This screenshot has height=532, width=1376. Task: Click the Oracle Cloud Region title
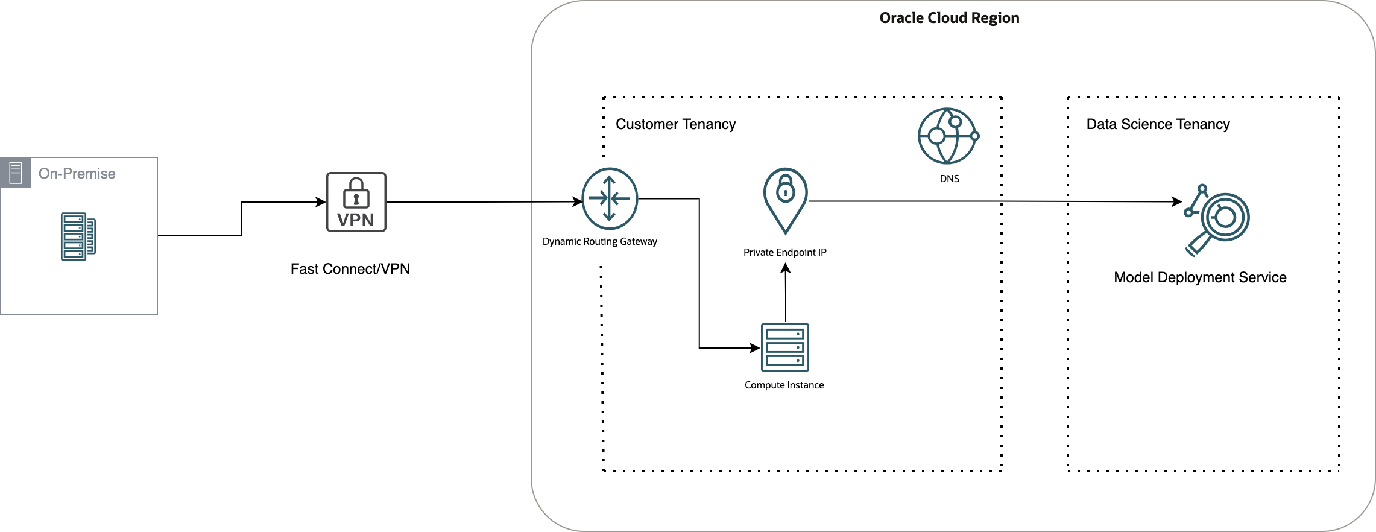(x=949, y=18)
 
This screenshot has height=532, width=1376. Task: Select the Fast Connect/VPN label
(x=350, y=269)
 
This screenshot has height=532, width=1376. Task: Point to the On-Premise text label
(x=77, y=174)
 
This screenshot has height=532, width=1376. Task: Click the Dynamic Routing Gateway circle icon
(x=609, y=198)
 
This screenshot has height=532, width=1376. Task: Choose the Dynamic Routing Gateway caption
(x=599, y=241)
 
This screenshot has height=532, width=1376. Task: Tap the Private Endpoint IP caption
(x=784, y=252)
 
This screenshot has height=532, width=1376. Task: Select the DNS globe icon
(x=947, y=136)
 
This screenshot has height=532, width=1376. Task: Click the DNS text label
(x=949, y=179)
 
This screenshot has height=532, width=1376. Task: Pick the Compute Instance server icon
(x=784, y=347)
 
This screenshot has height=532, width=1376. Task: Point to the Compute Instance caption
(x=784, y=385)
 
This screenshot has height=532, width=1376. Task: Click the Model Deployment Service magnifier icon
(x=1218, y=220)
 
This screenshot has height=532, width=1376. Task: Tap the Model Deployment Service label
(x=1200, y=277)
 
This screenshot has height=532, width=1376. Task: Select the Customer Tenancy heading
(x=675, y=124)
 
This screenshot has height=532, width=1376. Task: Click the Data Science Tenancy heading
(x=1158, y=124)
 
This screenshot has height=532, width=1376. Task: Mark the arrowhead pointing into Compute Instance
(x=755, y=348)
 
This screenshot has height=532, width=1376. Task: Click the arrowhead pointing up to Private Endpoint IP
(x=785, y=268)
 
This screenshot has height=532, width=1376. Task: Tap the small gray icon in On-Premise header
(x=16, y=173)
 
